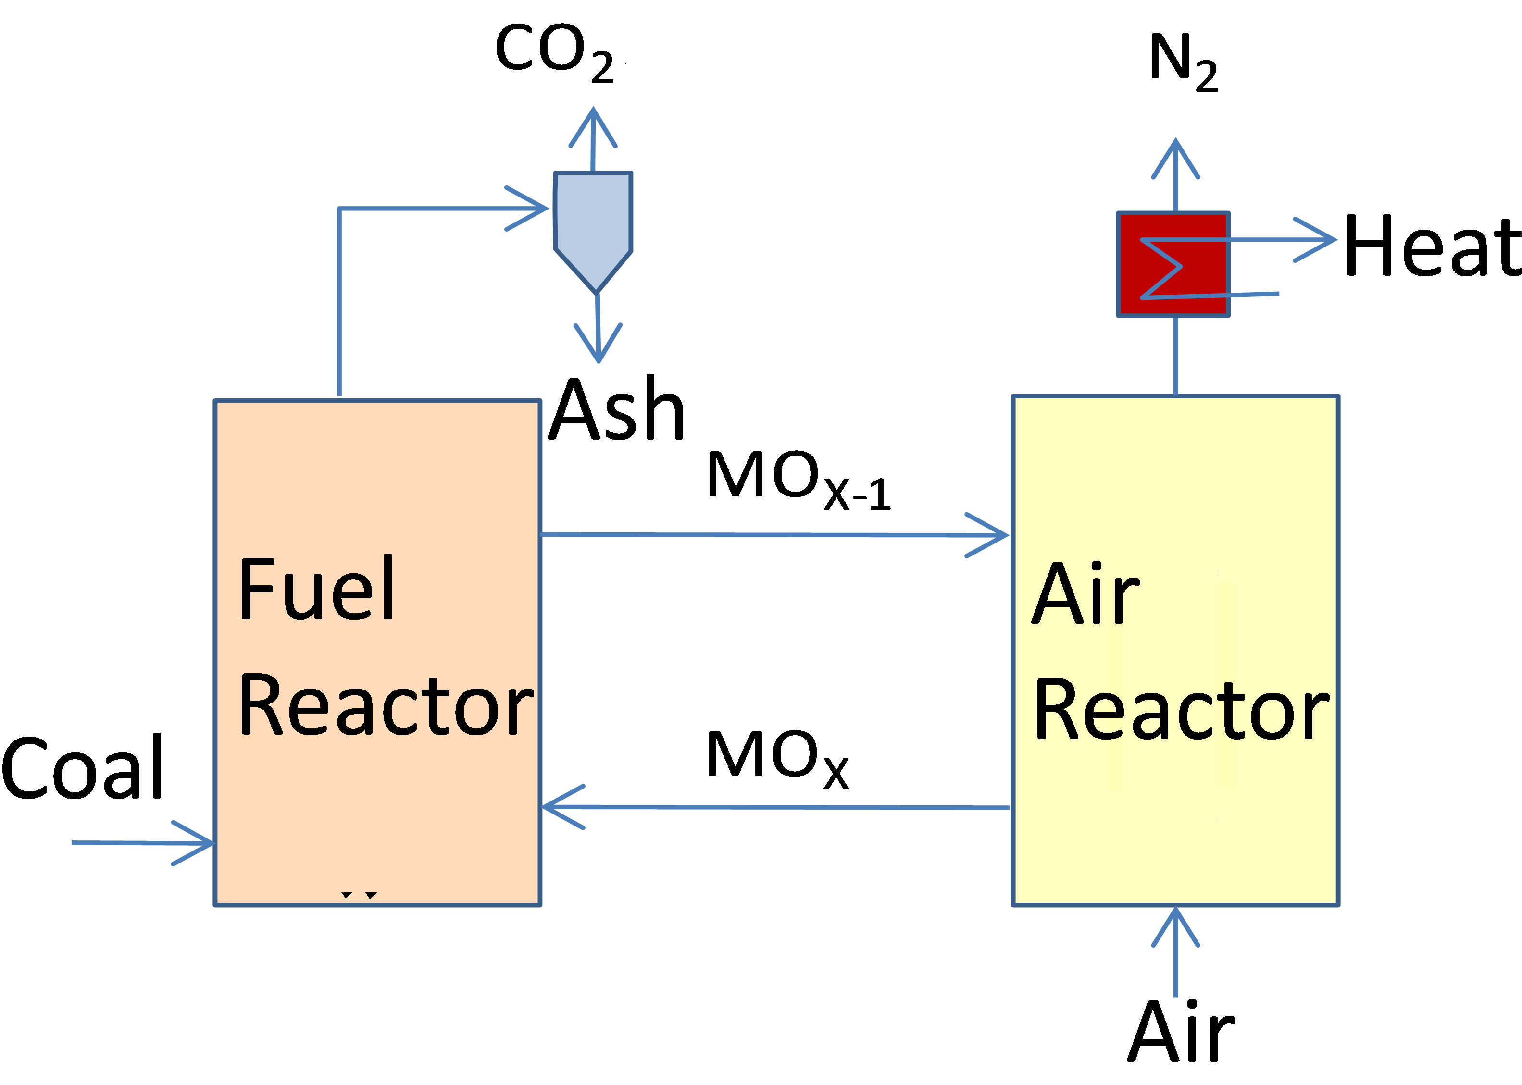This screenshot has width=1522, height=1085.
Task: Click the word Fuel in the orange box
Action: coord(317,589)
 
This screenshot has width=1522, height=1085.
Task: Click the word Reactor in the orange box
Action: coord(387,705)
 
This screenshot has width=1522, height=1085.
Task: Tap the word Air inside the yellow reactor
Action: coord(1085,594)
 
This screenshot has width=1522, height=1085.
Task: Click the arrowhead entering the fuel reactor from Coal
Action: coord(200,843)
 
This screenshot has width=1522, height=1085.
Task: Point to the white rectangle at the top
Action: coord(689,47)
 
